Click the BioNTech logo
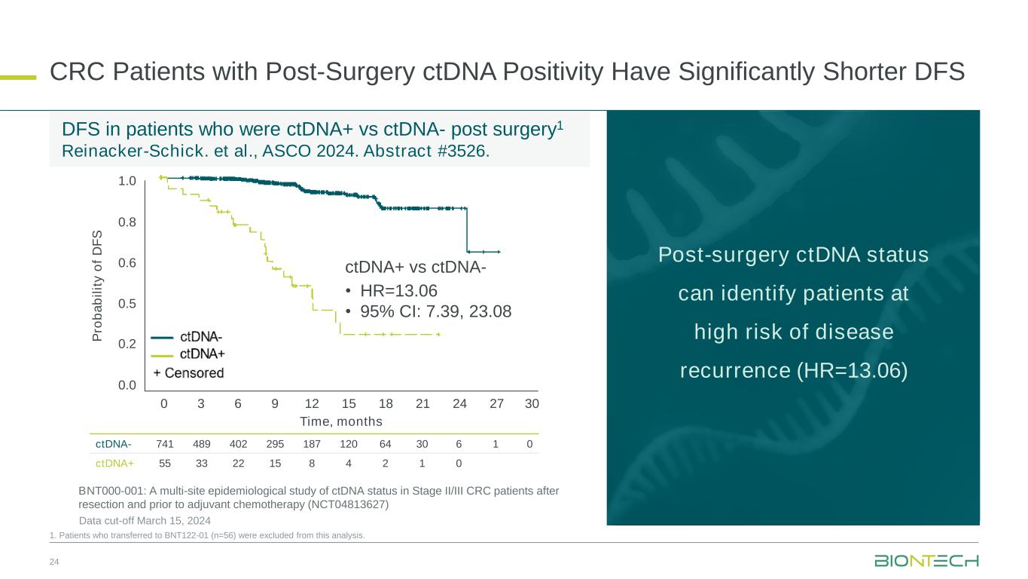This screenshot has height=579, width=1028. (x=926, y=562)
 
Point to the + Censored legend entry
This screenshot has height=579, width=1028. (x=188, y=372)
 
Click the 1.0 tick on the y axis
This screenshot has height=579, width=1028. (x=127, y=181)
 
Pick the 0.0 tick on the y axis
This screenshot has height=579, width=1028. (x=127, y=386)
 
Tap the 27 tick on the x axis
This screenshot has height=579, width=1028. (x=496, y=403)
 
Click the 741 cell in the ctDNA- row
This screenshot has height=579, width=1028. (x=164, y=444)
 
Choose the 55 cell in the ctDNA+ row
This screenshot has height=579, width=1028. (x=164, y=463)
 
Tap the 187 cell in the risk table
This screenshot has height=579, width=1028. (x=312, y=444)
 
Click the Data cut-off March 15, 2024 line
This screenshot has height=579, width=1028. (x=145, y=521)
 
